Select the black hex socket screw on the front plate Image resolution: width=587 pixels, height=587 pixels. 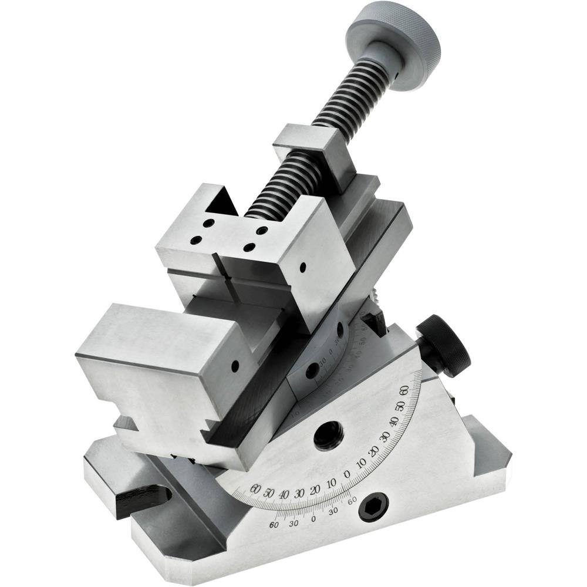pos(373,507)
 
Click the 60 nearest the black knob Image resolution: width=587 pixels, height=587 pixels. pos(403,391)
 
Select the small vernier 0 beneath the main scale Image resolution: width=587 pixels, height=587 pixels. pos(313,519)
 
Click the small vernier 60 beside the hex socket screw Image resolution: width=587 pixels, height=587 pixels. pos(352,501)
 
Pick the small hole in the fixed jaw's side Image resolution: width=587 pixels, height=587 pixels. pos(235,366)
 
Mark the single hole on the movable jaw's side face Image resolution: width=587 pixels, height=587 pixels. pos(302,268)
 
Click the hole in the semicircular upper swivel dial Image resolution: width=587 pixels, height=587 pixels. pos(313,370)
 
